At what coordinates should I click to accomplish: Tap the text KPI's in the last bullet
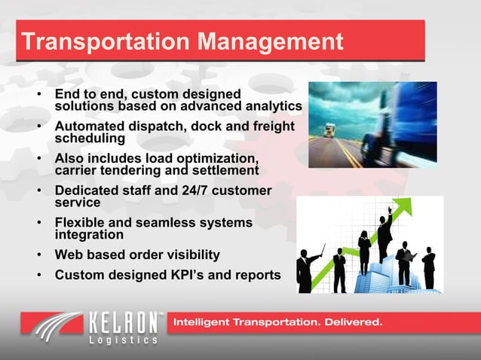(x=195, y=274)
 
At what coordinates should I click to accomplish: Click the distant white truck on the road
(x=329, y=130)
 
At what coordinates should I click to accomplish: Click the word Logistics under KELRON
(x=124, y=340)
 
